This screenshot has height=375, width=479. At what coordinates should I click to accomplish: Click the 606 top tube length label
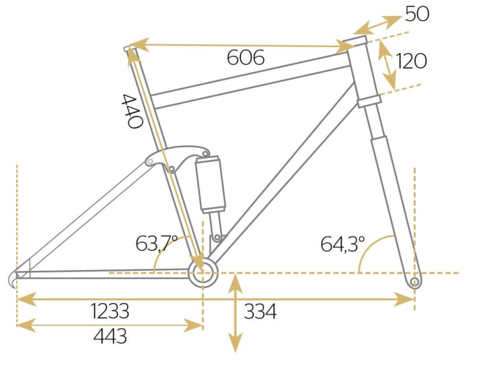point(246,58)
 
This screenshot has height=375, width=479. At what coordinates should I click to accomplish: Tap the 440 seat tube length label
point(132,111)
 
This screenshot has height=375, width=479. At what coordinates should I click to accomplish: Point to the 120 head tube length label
point(412,61)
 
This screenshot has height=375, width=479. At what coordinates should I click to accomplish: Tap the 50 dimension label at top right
point(417,13)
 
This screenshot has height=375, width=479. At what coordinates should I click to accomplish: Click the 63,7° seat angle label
point(156,243)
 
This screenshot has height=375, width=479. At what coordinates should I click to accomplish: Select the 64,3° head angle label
point(342,243)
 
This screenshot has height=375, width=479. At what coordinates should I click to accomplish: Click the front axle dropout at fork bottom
point(414,282)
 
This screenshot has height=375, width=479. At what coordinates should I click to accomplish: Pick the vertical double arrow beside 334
point(235,312)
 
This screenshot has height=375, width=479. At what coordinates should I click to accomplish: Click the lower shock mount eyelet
point(217,237)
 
